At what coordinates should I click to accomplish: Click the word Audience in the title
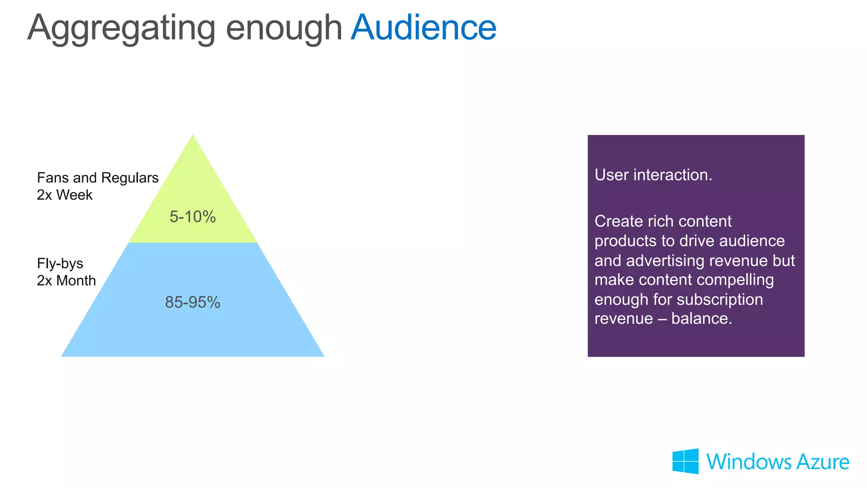click(x=423, y=28)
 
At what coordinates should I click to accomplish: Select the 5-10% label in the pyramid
click(x=193, y=217)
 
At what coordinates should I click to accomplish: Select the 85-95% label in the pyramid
click(x=193, y=303)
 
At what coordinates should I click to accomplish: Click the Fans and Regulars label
click(x=97, y=178)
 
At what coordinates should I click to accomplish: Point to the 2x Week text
click(x=64, y=195)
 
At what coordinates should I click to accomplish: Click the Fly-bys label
click(x=60, y=264)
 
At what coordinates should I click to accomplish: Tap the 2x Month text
click(x=66, y=281)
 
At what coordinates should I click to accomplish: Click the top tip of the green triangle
click(x=193, y=136)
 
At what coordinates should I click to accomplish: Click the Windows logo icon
click(x=685, y=461)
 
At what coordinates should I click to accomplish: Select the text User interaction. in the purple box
click(x=653, y=175)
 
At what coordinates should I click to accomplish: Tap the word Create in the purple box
click(x=618, y=221)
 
